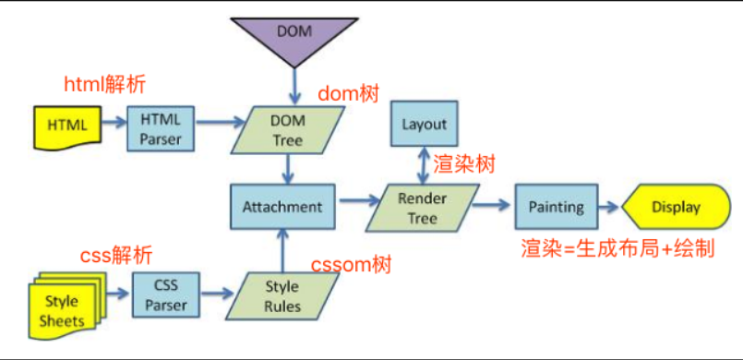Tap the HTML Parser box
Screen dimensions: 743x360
pyautogui.click(x=161, y=128)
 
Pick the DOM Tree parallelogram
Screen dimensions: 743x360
pyautogui.click(x=288, y=129)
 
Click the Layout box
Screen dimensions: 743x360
pyautogui.click(x=424, y=123)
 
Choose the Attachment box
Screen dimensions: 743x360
pyautogui.click(x=282, y=207)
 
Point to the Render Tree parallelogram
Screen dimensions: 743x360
pyautogui.click(x=422, y=208)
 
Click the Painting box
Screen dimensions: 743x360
pyautogui.click(x=556, y=207)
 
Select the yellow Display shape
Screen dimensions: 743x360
pyautogui.click(x=677, y=207)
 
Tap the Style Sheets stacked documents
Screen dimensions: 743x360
pyautogui.click(x=66, y=305)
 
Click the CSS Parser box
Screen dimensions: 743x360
pyautogui.click(x=166, y=294)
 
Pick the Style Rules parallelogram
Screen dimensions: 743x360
pyautogui.click(x=282, y=295)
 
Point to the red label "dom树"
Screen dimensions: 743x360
pyautogui.click(x=348, y=94)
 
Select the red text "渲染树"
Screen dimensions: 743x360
pyautogui.click(x=464, y=165)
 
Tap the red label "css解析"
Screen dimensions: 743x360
pyautogui.click(x=116, y=256)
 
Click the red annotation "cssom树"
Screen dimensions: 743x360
pyautogui.click(x=351, y=265)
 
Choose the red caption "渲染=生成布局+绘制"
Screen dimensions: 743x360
pyautogui.click(x=617, y=248)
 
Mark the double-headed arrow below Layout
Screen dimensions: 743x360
pyautogui.click(x=423, y=165)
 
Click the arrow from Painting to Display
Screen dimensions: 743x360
pyautogui.click(x=608, y=207)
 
